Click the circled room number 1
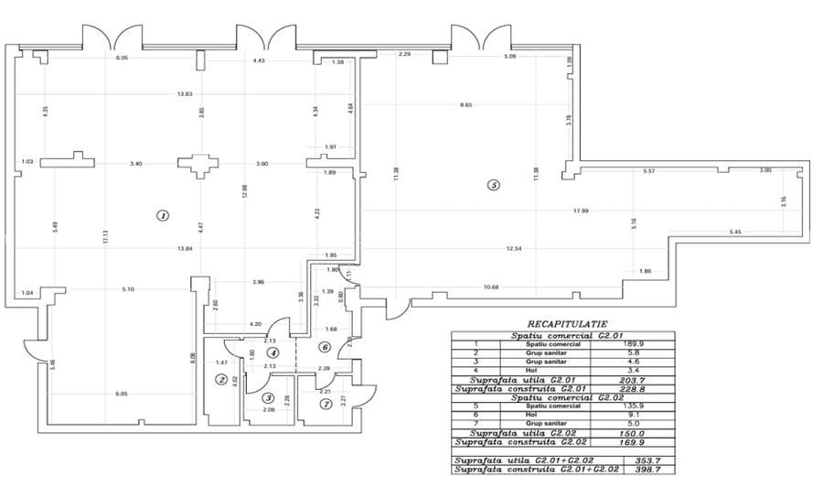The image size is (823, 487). [162, 216]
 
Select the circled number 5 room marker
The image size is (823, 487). [494, 185]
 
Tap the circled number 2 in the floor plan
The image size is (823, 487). [220, 380]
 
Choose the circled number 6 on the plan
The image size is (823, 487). [325, 346]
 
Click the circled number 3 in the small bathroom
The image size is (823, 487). [268, 397]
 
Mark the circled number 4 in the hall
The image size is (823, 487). [272, 352]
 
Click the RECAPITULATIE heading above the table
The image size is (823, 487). [562, 323]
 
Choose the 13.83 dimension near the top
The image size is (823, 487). [185, 94]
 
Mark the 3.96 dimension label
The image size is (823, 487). [258, 281]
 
